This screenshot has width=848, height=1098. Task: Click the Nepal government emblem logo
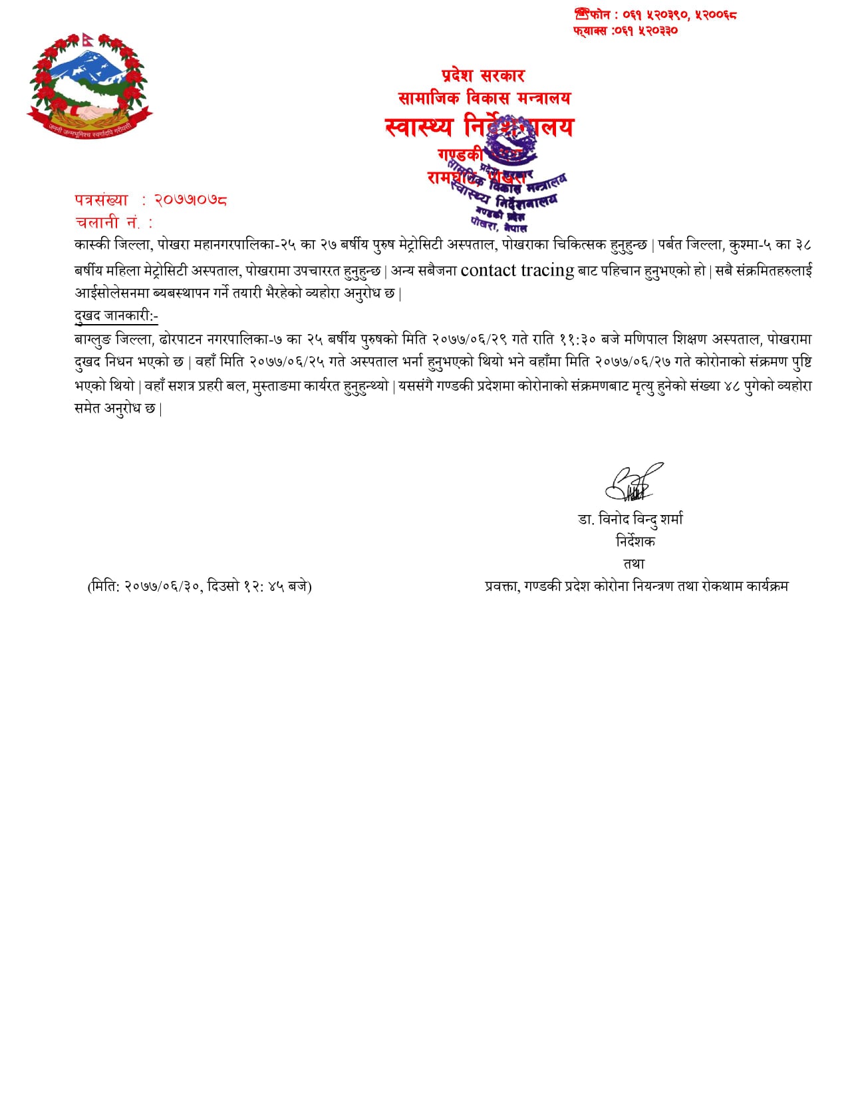coord(90,85)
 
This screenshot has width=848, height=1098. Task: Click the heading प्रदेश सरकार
coord(483,76)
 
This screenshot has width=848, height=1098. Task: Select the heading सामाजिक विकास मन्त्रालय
coord(484,98)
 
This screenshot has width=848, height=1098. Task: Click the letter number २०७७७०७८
coord(191,200)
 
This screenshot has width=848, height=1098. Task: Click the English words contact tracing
coord(517,270)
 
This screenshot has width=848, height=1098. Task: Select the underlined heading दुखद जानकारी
coord(116,315)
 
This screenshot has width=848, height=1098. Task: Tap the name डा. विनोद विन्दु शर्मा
coord(631,519)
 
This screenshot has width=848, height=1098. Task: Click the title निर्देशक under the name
coord(635,542)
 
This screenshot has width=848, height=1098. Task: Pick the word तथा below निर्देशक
coord(634,564)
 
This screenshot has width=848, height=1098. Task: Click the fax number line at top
coord(625,31)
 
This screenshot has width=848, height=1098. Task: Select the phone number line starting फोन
coord(656,15)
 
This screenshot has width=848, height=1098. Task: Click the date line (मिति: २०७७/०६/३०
coord(200,586)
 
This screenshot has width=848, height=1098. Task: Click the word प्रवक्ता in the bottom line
coord(501,586)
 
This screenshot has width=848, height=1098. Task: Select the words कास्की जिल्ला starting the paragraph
coord(114,245)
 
